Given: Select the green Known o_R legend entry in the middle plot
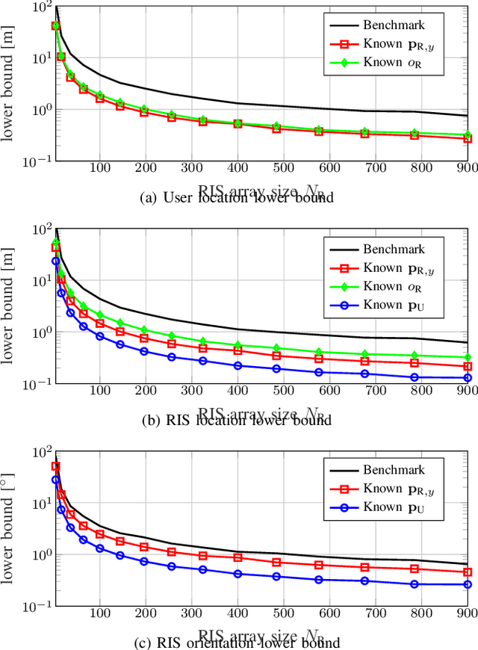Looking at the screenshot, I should (394, 286).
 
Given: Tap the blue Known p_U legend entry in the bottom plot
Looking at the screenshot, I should (394, 510).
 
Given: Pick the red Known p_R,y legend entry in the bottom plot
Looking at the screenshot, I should (394, 490).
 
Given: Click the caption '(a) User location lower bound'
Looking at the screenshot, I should (238, 198).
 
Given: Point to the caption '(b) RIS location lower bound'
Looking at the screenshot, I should (238, 421).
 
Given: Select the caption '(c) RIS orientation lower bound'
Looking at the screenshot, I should (238, 643).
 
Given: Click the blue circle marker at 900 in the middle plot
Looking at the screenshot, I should (468, 378).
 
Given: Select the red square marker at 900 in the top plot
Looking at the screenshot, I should (468, 139).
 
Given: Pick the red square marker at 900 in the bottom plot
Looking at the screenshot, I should (468, 572).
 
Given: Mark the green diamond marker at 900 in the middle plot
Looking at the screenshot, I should (468, 358).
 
